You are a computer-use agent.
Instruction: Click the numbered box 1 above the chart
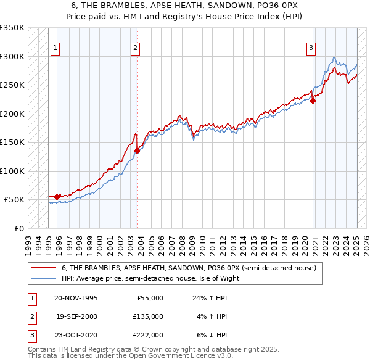click(55, 48)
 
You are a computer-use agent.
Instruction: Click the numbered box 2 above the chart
click(135, 48)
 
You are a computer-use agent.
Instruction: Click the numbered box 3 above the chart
click(311, 48)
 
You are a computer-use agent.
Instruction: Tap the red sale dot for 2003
click(137, 151)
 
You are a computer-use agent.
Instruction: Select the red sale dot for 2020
click(313, 101)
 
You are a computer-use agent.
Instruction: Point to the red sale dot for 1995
click(57, 197)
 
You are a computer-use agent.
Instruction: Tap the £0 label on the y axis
click(18, 228)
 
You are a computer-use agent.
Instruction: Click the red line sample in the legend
click(43, 268)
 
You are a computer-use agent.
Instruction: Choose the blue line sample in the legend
click(43, 278)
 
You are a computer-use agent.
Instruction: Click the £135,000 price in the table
click(149, 316)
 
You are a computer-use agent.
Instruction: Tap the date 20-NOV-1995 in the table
click(76, 297)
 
